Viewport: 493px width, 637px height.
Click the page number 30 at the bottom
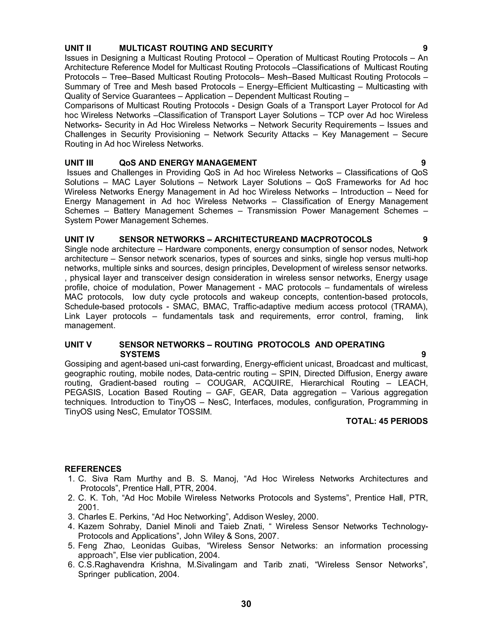pyautogui.click(x=246, y=603)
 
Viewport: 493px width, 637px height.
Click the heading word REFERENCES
pyautogui.click(x=93, y=469)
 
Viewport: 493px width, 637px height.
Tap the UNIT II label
pyautogui.click(x=78, y=48)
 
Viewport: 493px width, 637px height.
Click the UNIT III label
pyautogui.click(x=79, y=163)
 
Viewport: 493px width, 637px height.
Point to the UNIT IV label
pyautogui.click(x=79, y=239)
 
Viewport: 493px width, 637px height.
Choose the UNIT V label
pyautogui.click(x=78, y=344)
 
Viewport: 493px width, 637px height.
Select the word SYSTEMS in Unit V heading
pyautogui.click(x=140, y=354)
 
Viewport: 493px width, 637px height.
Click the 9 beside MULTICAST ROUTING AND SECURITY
pyautogui.click(x=425, y=48)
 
